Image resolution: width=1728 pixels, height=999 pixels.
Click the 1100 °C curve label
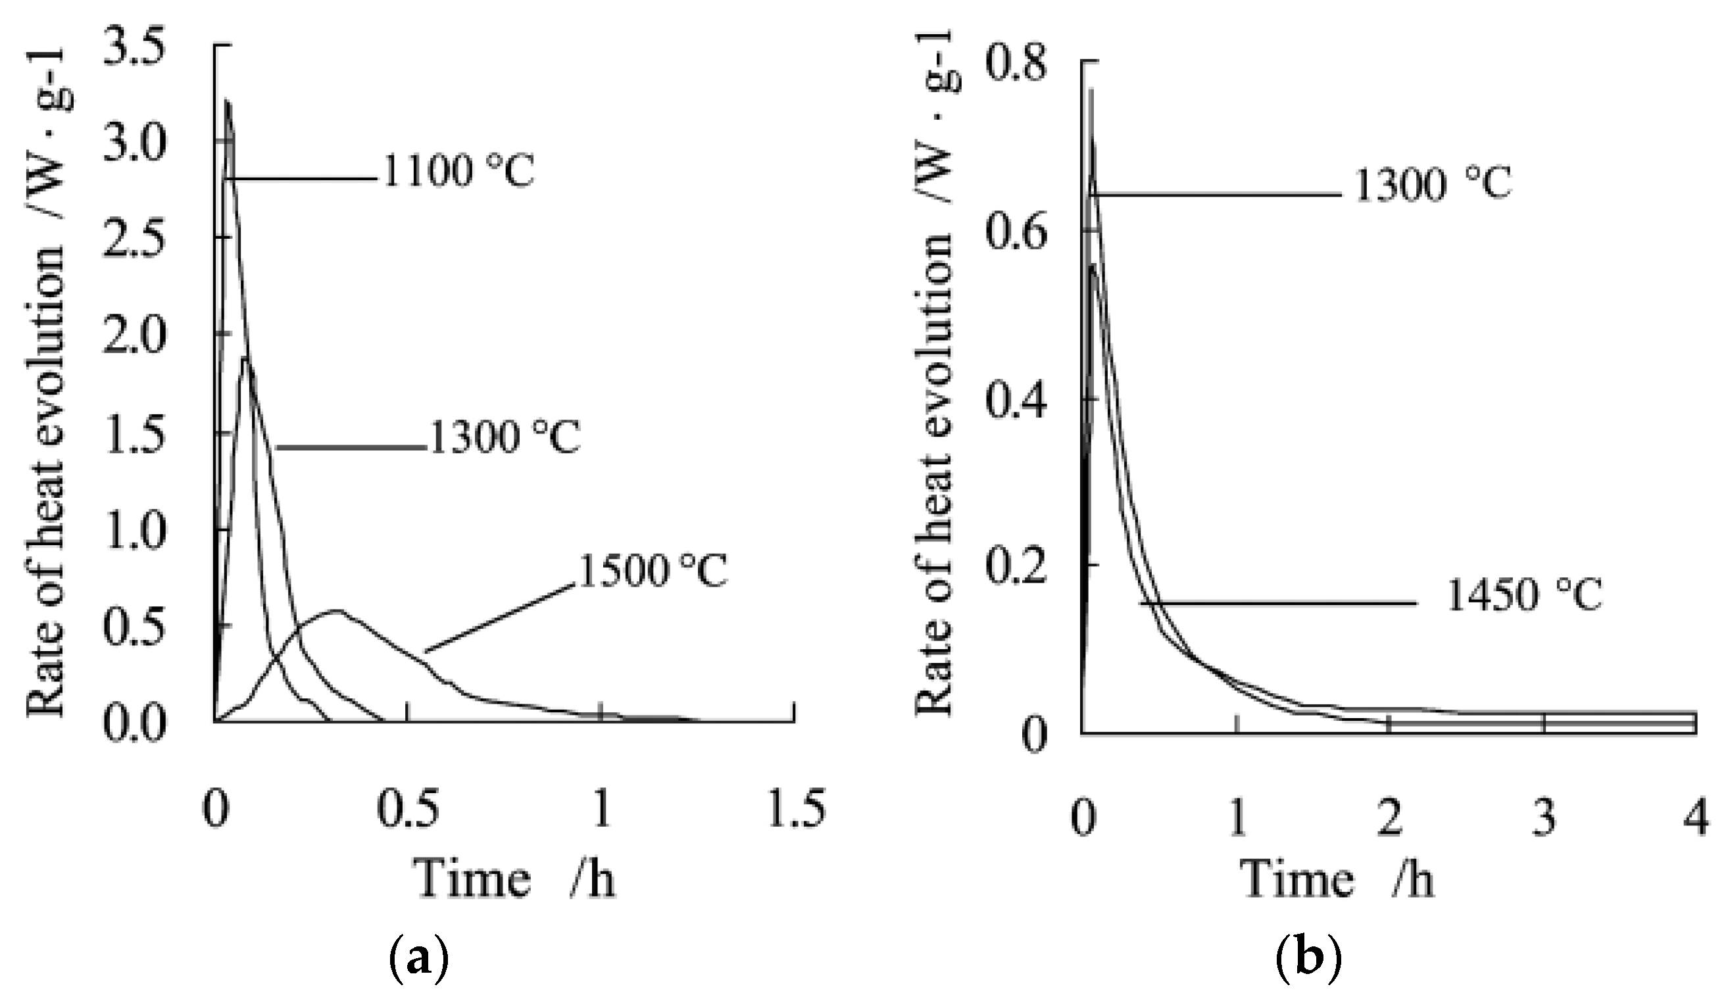click(x=457, y=172)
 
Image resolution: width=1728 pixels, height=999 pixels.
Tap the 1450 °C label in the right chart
click(x=1523, y=595)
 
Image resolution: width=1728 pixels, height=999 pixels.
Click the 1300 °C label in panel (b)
click(x=1433, y=185)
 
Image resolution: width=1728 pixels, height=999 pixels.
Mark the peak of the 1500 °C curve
click(x=336, y=610)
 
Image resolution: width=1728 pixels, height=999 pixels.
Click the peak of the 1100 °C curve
click(x=227, y=101)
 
